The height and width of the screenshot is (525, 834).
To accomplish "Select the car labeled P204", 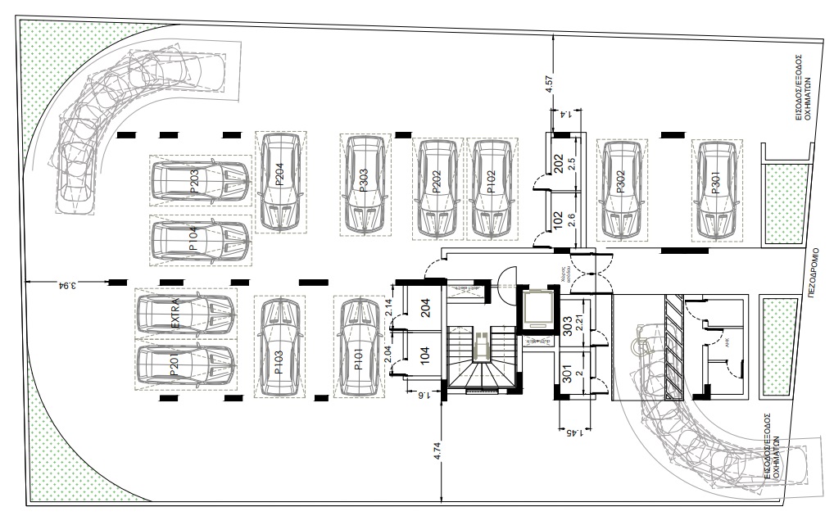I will tap(280, 181).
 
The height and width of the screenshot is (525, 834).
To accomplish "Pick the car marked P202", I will tap(437, 187).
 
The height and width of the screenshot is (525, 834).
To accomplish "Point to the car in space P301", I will tap(716, 188).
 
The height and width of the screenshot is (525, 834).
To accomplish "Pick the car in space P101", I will tap(358, 347).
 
